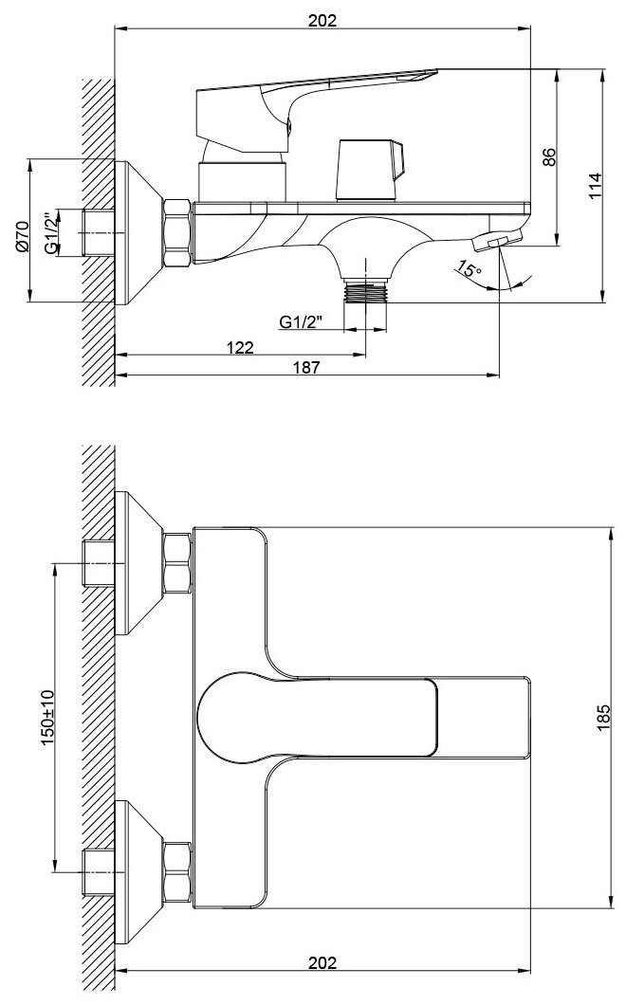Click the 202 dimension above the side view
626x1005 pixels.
click(322, 20)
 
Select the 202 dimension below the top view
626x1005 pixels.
click(322, 961)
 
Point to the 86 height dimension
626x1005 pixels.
click(548, 157)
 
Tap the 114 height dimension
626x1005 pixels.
click(594, 184)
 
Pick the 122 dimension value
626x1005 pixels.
click(240, 347)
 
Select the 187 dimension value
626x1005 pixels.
click(306, 367)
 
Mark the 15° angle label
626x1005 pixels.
click(469, 271)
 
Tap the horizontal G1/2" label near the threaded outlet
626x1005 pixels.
click(302, 322)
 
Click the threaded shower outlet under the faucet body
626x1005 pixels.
click(365, 290)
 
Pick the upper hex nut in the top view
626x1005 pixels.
click(177, 563)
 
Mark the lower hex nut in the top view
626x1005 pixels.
click(177, 869)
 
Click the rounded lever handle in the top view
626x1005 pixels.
click(237, 716)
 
